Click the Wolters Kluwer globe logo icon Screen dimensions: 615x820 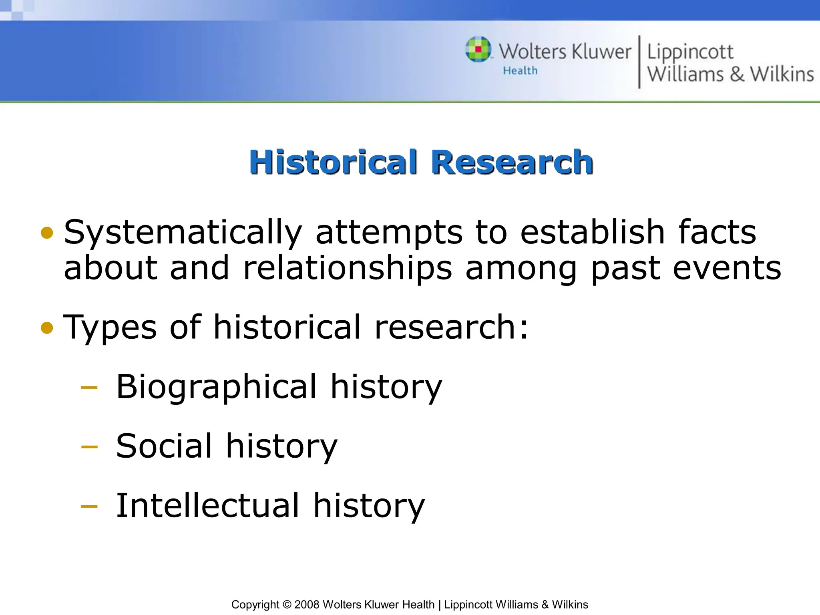pyautogui.click(x=478, y=50)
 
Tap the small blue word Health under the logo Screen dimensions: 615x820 pyautogui.click(x=520, y=71)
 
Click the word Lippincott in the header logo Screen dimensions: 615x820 pyautogui.click(x=690, y=52)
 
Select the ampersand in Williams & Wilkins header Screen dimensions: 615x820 pyautogui.click(x=737, y=74)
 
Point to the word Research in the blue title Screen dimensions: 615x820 pyautogui.click(x=512, y=162)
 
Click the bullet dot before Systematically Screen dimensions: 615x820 pyautogui.click(x=47, y=233)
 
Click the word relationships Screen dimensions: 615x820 pyautogui.click(x=347, y=268)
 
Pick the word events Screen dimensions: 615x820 pyautogui.click(x=727, y=268)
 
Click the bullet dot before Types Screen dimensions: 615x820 pyautogui.click(x=47, y=328)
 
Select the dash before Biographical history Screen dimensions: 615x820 pyautogui.click(x=89, y=388)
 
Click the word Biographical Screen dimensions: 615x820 pyautogui.click(x=216, y=387)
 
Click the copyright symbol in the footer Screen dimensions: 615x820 pyautogui.click(x=286, y=605)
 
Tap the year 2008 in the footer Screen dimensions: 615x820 pyautogui.click(x=307, y=605)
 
